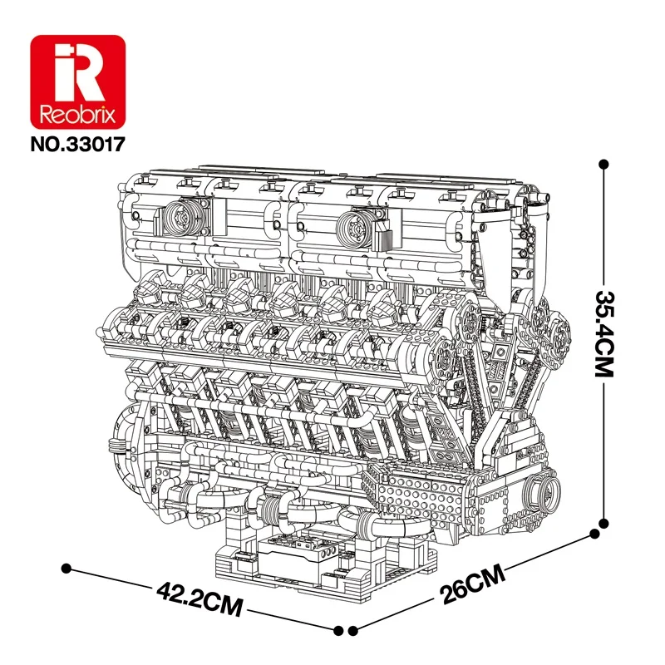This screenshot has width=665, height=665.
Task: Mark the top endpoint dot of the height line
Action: pyautogui.click(x=604, y=165)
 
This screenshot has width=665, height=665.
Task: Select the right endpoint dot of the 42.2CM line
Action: pyautogui.click(x=339, y=631)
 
